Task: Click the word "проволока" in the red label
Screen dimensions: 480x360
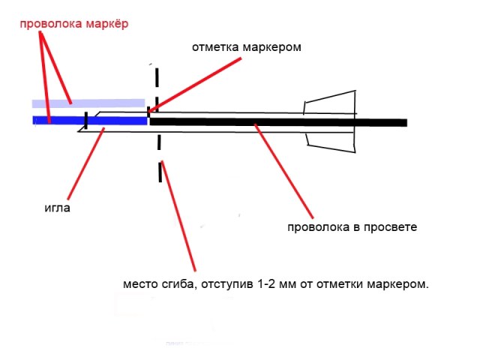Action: [50, 24]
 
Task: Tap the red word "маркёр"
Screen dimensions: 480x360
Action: [106, 24]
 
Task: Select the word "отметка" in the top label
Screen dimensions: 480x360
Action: [215, 47]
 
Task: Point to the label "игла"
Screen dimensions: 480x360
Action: [57, 208]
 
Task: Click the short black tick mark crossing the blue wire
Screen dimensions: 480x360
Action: [86, 120]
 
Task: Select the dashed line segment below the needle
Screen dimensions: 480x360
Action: [160, 171]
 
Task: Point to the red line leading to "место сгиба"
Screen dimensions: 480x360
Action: [180, 217]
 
